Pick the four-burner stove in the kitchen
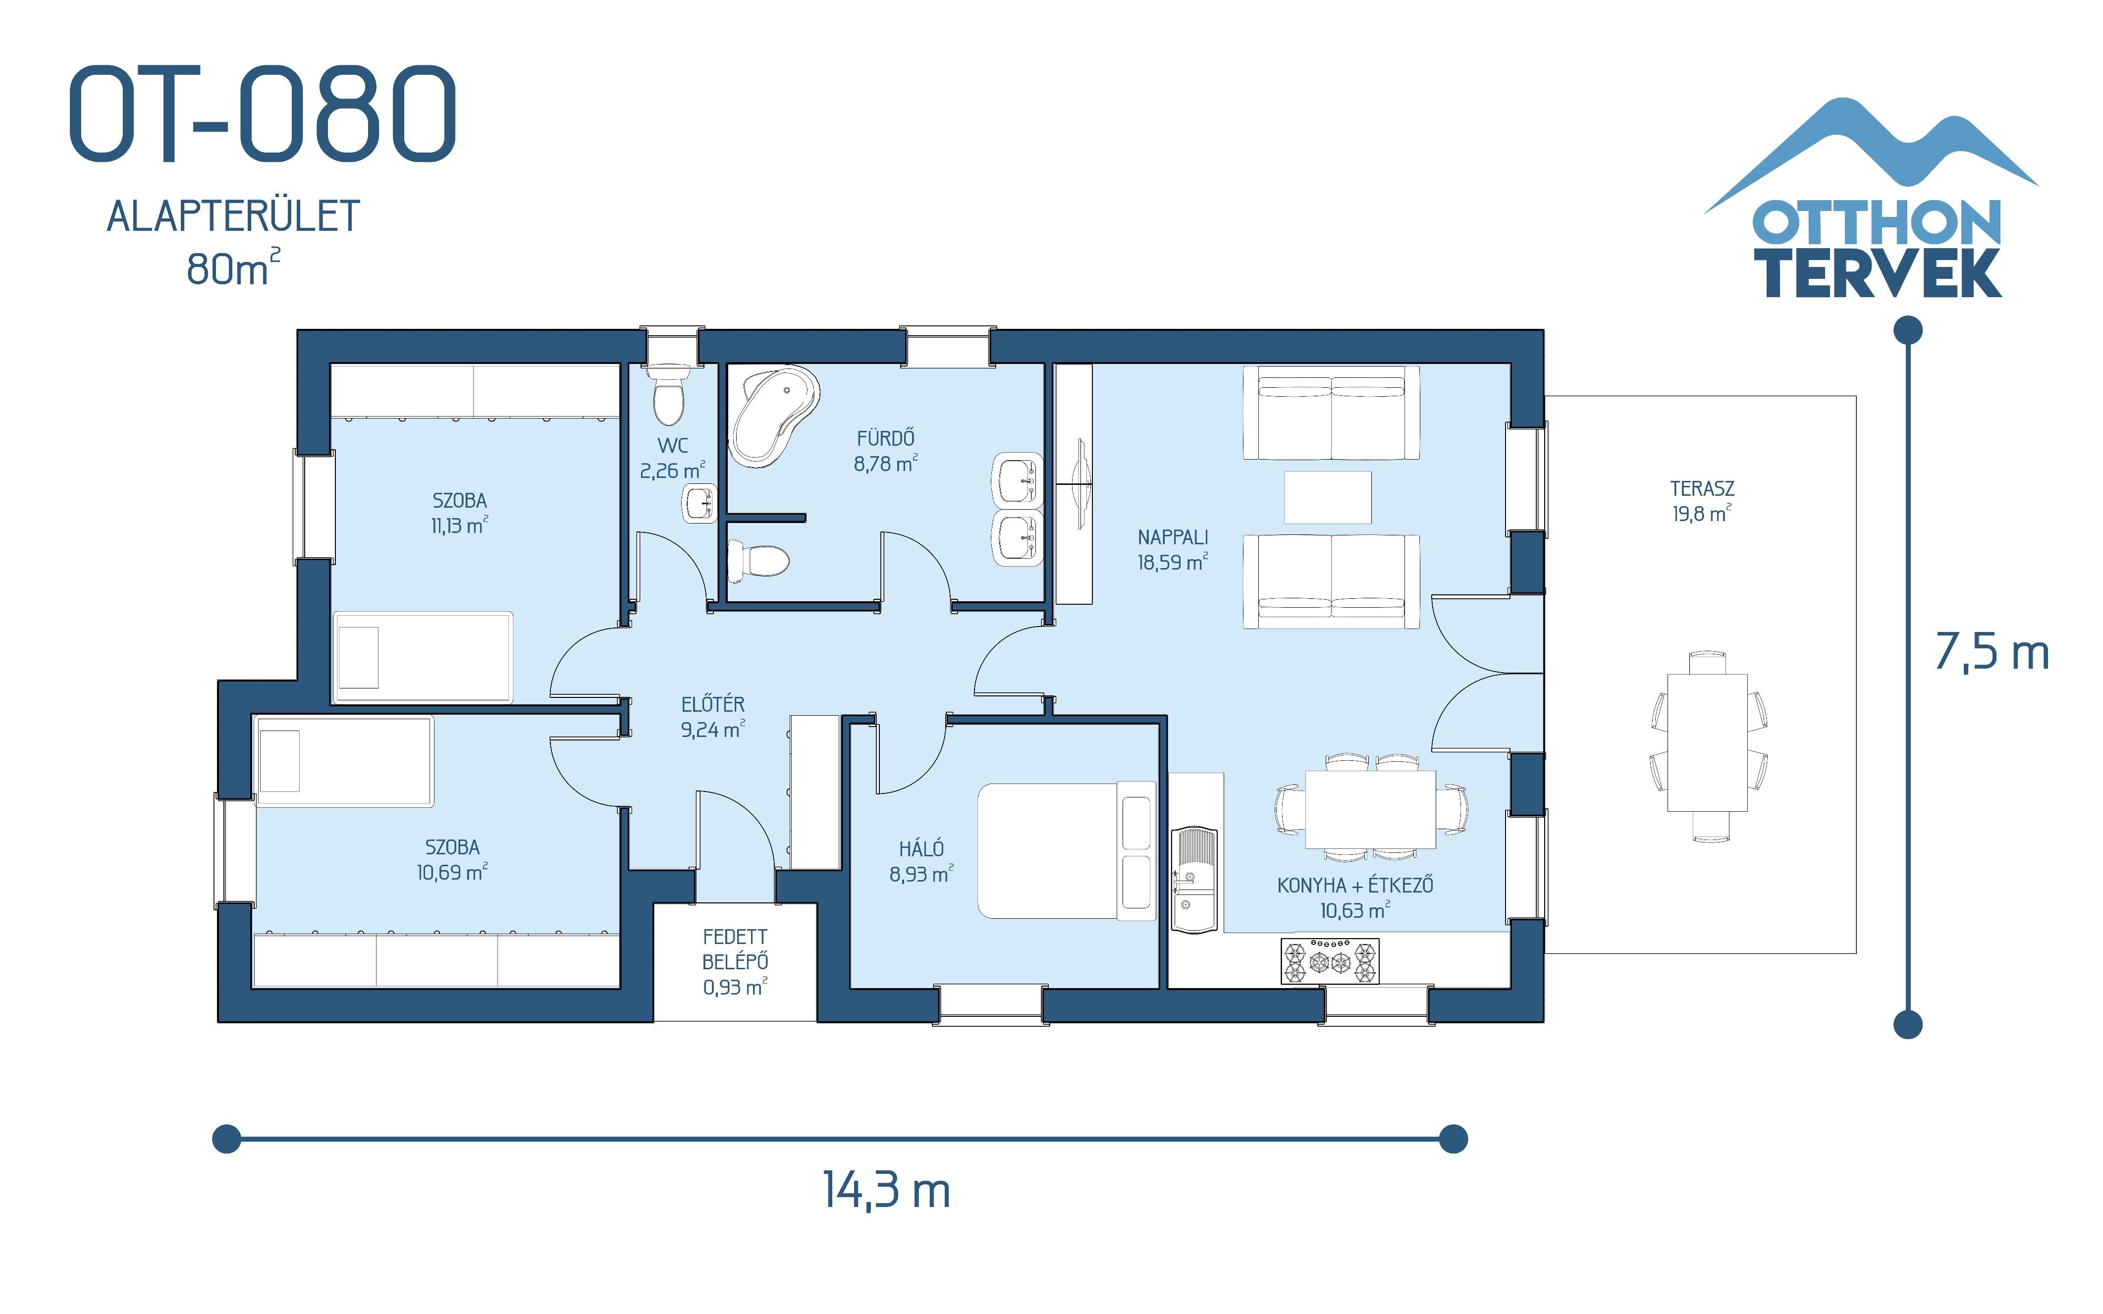pos(1330,961)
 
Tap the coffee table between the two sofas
pos(1327,497)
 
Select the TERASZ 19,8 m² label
pos(1702,501)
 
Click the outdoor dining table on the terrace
pos(1707,744)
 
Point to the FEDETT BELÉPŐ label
pos(735,961)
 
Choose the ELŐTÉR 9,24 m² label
pos(712,717)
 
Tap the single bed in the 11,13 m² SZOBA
pos(423,657)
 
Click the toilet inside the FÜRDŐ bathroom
pos(758,561)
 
